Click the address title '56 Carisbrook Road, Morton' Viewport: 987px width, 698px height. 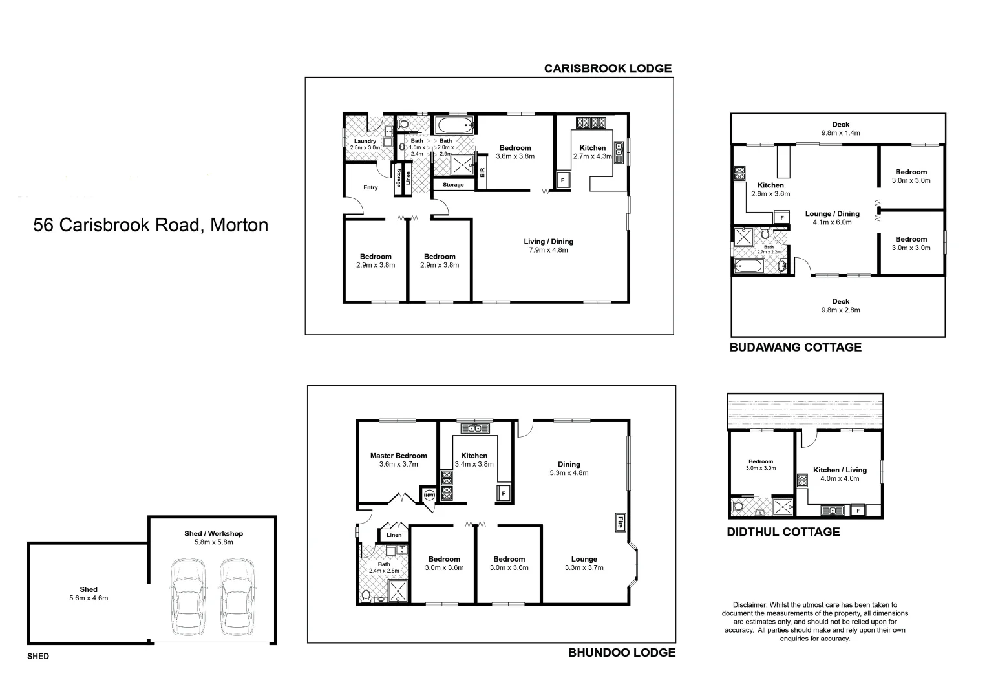pos(151,225)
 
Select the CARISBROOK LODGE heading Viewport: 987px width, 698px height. pos(608,68)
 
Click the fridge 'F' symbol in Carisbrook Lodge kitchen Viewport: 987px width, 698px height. pos(562,180)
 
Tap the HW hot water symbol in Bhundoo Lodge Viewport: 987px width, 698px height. pos(429,495)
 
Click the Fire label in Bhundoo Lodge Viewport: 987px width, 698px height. pos(619,522)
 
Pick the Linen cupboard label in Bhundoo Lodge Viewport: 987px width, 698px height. pos(394,535)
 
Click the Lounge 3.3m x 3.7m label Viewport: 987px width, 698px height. pos(584,564)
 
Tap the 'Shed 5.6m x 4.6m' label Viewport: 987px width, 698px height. pos(89,593)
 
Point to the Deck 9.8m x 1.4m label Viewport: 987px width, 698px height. pos(840,129)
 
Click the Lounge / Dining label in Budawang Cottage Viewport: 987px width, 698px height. pos(832,218)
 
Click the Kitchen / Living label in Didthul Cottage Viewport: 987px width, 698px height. pos(840,474)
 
